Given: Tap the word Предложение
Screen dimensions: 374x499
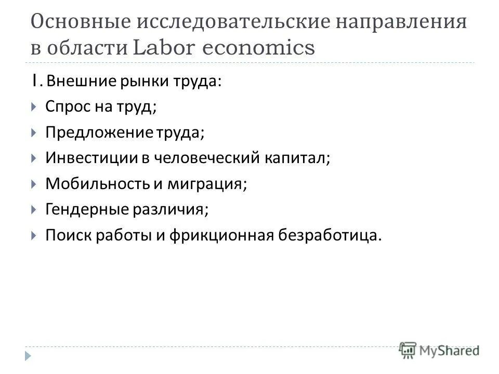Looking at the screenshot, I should [97, 133].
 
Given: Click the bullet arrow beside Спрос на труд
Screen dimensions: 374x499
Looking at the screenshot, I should [33, 108].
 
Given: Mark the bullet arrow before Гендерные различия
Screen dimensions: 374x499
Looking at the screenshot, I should [33, 209].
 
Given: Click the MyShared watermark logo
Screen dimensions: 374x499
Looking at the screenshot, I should [440, 351].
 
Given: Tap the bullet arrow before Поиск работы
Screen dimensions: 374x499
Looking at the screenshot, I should [33, 235].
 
